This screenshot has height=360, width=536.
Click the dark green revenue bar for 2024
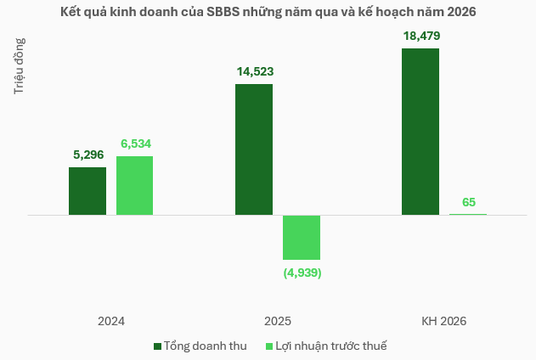(87, 191)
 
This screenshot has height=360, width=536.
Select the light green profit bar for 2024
(134, 186)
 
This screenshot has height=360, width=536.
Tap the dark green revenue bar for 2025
(254, 149)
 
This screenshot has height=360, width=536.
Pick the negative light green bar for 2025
(302, 237)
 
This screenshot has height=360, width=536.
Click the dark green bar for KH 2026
(420, 132)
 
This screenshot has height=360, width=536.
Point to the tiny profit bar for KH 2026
(468, 214)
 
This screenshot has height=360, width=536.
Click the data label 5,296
(87, 155)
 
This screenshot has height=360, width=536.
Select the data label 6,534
(134, 144)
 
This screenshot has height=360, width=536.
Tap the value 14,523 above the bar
(254, 72)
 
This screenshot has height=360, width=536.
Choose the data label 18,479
(420, 37)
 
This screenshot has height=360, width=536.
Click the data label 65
(468, 202)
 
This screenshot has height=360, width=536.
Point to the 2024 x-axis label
(111, 322)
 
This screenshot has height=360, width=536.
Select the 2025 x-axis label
(278, 322)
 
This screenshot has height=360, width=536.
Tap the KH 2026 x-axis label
(444, 322)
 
